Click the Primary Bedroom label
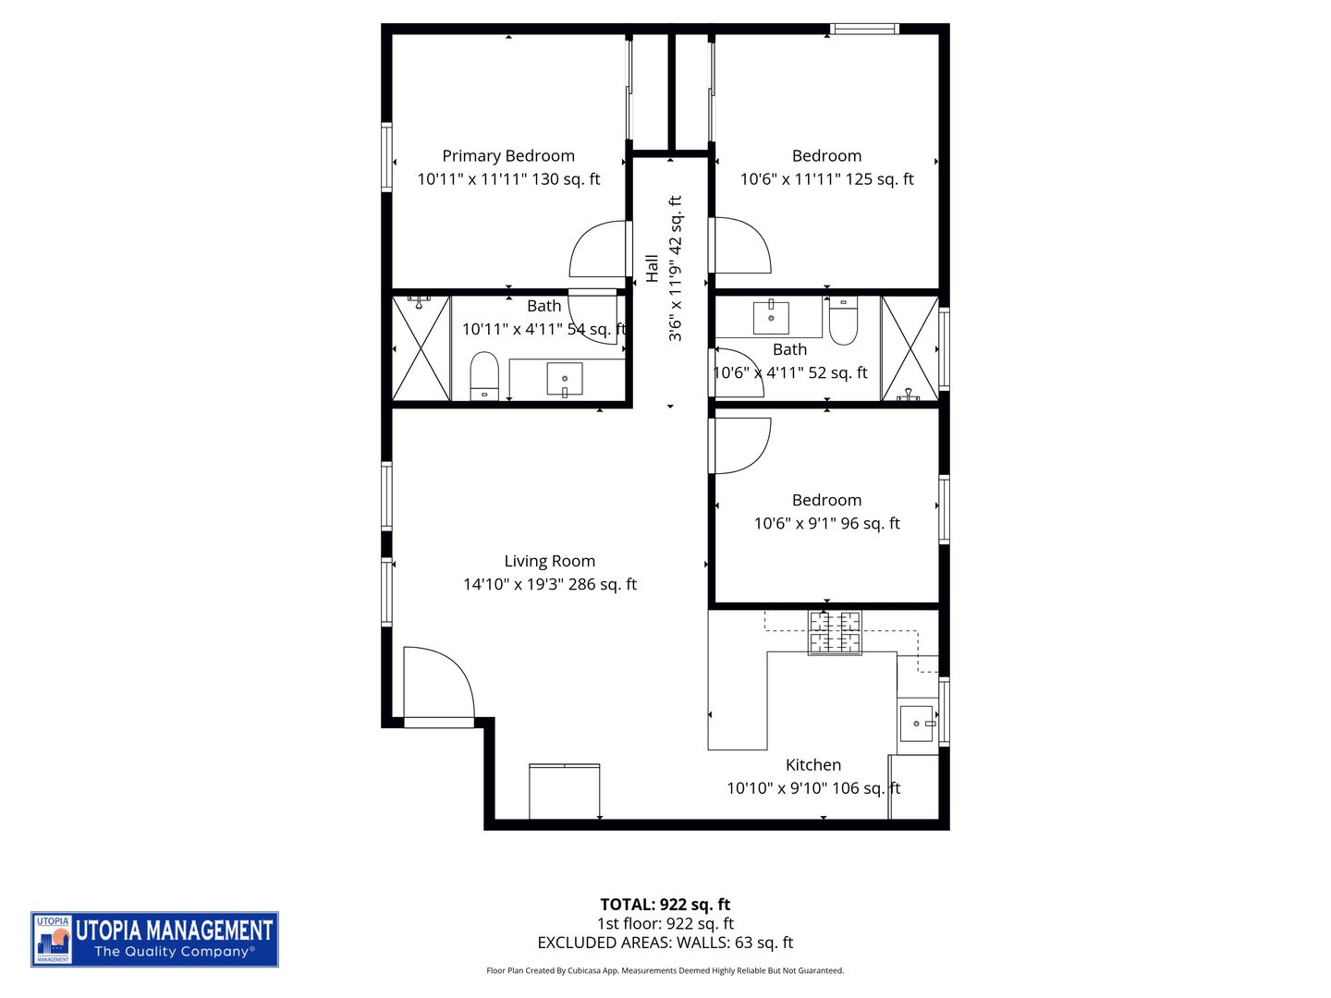click(x=508, y=156)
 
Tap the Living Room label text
click(x=549, y=561)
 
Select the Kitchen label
click(x=812, y=765)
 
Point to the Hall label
click(x=653, y=268)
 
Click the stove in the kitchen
click(x=835, y=633)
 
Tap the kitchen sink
click(x=917, y=724)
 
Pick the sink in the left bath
click(x=564, y=379)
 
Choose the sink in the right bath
click(x=771, y=316)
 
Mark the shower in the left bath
click(x=421, y=348)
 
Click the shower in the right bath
click(x=910, y=348)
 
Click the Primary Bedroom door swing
click(x=599, y=249)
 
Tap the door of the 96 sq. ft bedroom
click(x=740, y=445)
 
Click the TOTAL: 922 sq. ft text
click(x=665, y=905)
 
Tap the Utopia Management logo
click(x=154, y=939)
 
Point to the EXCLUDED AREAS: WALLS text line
click(x=665, y=943)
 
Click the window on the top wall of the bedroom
click(x=864, y=30)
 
